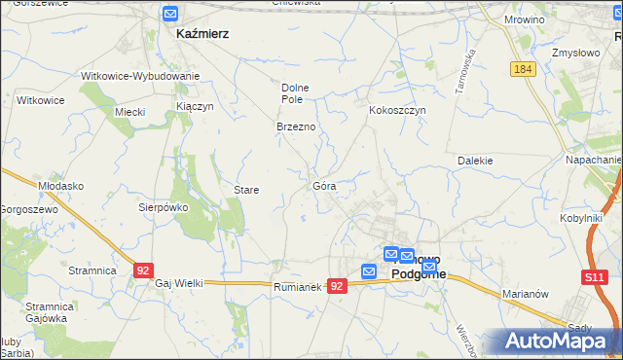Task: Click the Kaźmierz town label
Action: click(x=202, y=33)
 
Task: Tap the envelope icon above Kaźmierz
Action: click(x=170, y=14)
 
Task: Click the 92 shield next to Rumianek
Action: click(x=337, y=286)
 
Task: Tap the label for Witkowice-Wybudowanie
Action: click(x=140, y=76)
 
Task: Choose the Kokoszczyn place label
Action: click(x=397, y=111)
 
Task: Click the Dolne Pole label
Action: click(x=294, y=92)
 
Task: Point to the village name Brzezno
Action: click(x=294, y=127)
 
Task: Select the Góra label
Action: click(x=324, y=185)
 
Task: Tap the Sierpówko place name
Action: click(x=162, y=207)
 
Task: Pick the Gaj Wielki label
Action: click(x=179, y=283)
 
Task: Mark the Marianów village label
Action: click(x=528, y=292)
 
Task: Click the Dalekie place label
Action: click(x=476, y=161)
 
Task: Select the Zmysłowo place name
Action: click(x=574, y=53)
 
